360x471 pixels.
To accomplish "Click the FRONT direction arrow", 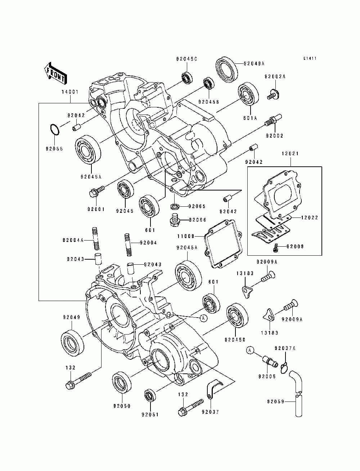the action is coord(55,73).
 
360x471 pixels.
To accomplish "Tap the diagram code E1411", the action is coord(310,58).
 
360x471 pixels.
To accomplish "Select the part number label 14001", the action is coord(70,92).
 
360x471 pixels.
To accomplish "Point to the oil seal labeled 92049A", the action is coord(227,69).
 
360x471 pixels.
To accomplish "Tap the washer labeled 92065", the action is coord(174,207).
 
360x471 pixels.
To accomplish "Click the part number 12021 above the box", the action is coord(290,154).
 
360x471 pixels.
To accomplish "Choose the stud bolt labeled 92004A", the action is coord(96,238).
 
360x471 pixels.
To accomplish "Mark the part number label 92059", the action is coord(276,401).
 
